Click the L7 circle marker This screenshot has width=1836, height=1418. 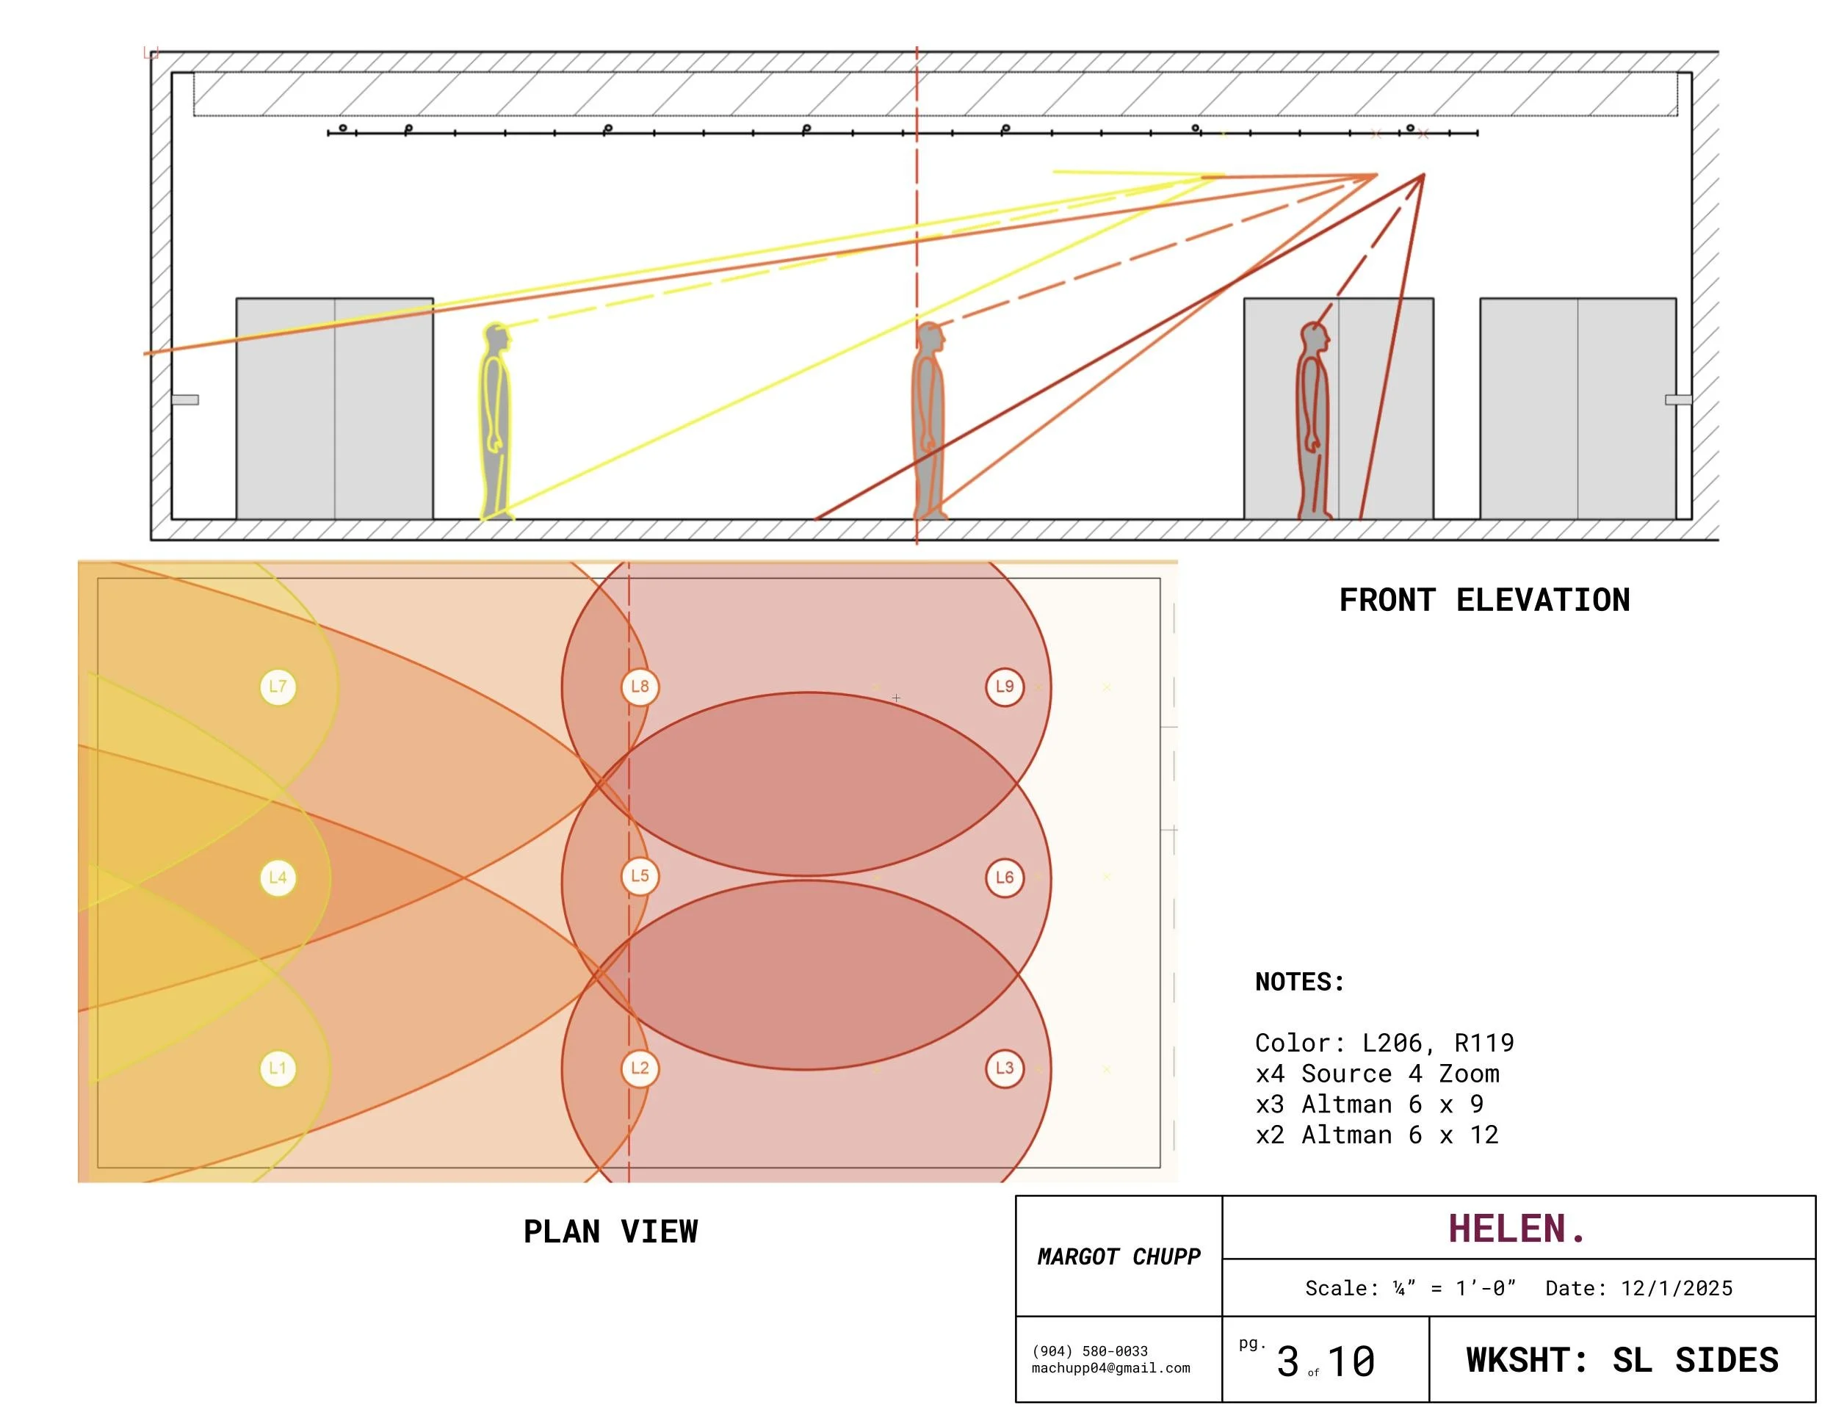[x=278, y=687]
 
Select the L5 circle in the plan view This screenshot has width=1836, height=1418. [x=640, y=876]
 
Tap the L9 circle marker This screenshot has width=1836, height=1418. [x=1005, y=687]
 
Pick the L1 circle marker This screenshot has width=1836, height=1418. [x=278, y=1068]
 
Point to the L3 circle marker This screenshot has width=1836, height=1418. [x=1005, y=1068]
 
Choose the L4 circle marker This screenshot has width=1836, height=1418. [x=278, y=878]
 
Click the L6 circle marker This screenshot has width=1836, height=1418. [x=1005, y=878]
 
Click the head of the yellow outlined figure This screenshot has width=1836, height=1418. [x=498, y=339]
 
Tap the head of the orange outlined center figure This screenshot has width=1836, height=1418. [x=930, y=338]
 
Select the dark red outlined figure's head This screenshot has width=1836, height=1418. [x=1315, y=338]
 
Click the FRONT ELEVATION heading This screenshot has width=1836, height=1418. [x=1485, y=600]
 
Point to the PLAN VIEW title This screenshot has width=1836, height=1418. [x=610, y=1231]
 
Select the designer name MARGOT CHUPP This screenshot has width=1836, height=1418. [x=1119, y=1256]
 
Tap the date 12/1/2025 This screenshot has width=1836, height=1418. [x=1677, y=1289]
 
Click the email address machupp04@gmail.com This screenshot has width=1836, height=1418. [x=1110, y=1367]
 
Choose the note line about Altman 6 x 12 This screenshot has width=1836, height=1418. [x=1377, y=1135]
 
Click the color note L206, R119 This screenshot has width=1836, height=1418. [x=1439, y=1043]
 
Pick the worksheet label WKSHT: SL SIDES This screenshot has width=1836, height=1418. [x=1622, y=1360]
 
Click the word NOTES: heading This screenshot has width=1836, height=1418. [x=1300, y=982]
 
